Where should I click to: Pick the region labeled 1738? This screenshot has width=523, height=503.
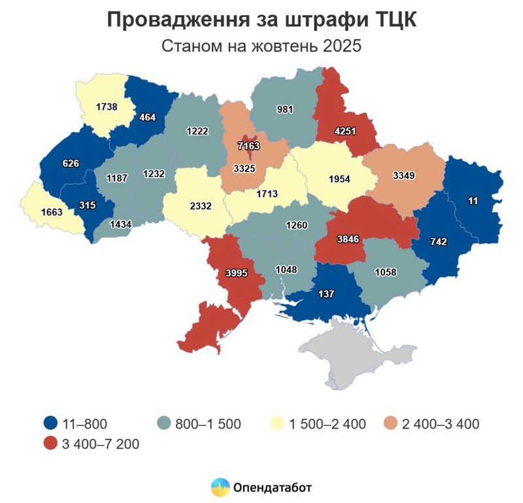pos(106,105)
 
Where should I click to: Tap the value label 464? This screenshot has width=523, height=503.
pos(148,118)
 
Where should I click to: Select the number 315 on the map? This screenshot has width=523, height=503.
pos(87,205)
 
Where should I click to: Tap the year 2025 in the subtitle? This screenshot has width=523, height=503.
pos(339,47)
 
